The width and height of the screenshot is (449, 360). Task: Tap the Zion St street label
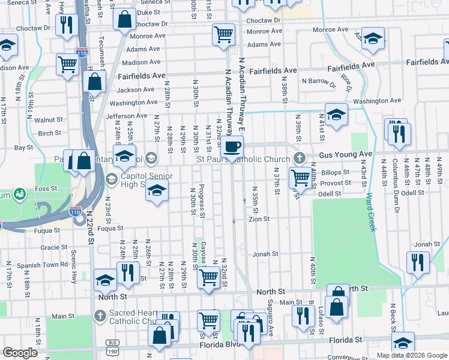[259, 220]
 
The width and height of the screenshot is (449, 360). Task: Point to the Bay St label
[23, 147]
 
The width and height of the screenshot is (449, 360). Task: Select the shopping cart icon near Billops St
[300, 177]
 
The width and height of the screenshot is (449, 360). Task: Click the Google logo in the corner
[20, 353]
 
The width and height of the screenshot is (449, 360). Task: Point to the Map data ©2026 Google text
[411, 355]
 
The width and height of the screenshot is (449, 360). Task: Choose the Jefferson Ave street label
[126, 116]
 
